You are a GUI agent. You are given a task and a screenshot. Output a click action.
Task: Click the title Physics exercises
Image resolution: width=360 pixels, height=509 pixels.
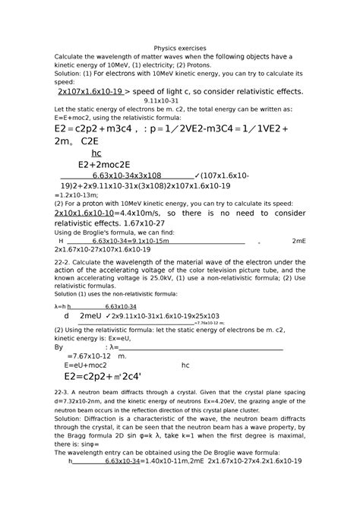coord(179,47)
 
